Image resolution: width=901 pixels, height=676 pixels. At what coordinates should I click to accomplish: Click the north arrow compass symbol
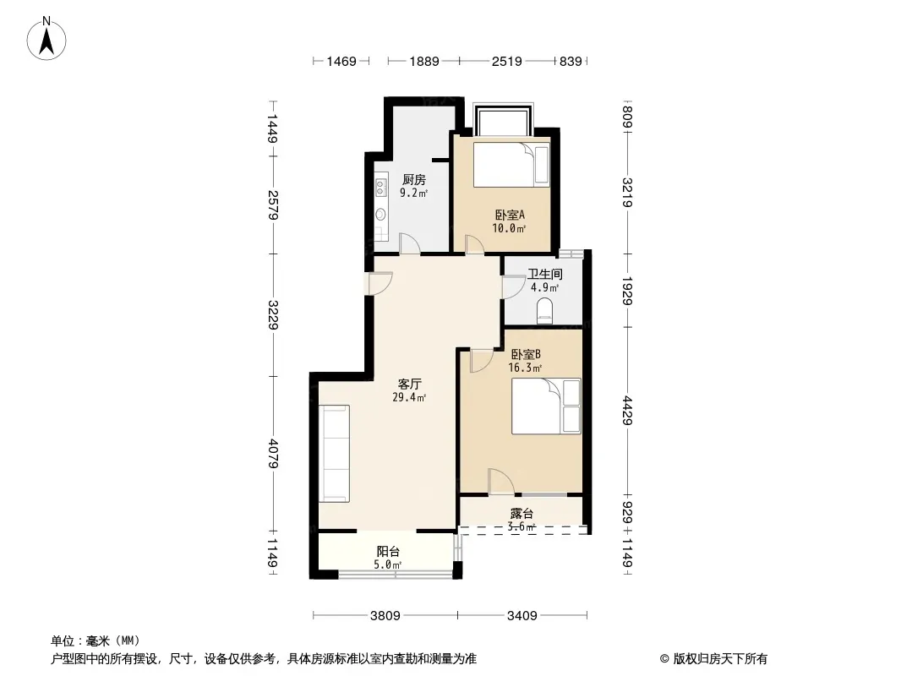pos(46,39)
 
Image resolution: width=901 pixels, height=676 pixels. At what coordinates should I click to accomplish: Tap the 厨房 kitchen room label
pos(413,180)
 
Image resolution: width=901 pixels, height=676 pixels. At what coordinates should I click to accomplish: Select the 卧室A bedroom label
pos(510,215)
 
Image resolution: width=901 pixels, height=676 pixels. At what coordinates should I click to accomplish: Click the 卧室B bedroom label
pos(525,354)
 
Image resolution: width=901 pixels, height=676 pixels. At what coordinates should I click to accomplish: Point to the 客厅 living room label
pos(410,384)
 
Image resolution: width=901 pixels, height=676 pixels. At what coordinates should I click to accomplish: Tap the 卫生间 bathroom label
pos(544,275)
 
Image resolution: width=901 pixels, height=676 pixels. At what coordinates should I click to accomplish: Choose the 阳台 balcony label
pos(388,552)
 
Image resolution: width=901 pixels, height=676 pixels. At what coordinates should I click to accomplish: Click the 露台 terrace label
pos(521,514)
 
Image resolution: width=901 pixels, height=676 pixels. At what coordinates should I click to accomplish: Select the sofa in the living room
pos(335,453)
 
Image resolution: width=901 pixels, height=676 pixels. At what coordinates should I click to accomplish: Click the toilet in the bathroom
pos(544,311)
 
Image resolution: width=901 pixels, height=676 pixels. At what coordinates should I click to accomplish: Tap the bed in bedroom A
pos(511,164)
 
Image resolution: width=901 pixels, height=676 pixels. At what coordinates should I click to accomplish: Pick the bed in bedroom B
pos(546,406)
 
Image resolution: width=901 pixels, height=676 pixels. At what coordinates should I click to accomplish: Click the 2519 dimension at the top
pos(507,61)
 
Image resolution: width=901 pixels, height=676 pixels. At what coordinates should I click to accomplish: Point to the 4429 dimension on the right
pos(627,411)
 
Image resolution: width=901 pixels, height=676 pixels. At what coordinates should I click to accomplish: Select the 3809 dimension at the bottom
pos(385,616)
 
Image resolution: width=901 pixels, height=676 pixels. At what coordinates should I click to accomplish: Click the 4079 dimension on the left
pos(274,454)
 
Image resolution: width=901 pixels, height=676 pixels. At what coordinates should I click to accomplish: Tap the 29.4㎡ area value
pos(409,397)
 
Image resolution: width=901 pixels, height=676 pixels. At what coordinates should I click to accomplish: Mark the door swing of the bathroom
pos(514,286)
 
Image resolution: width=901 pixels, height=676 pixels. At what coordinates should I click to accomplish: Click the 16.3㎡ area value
pos(525,368)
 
